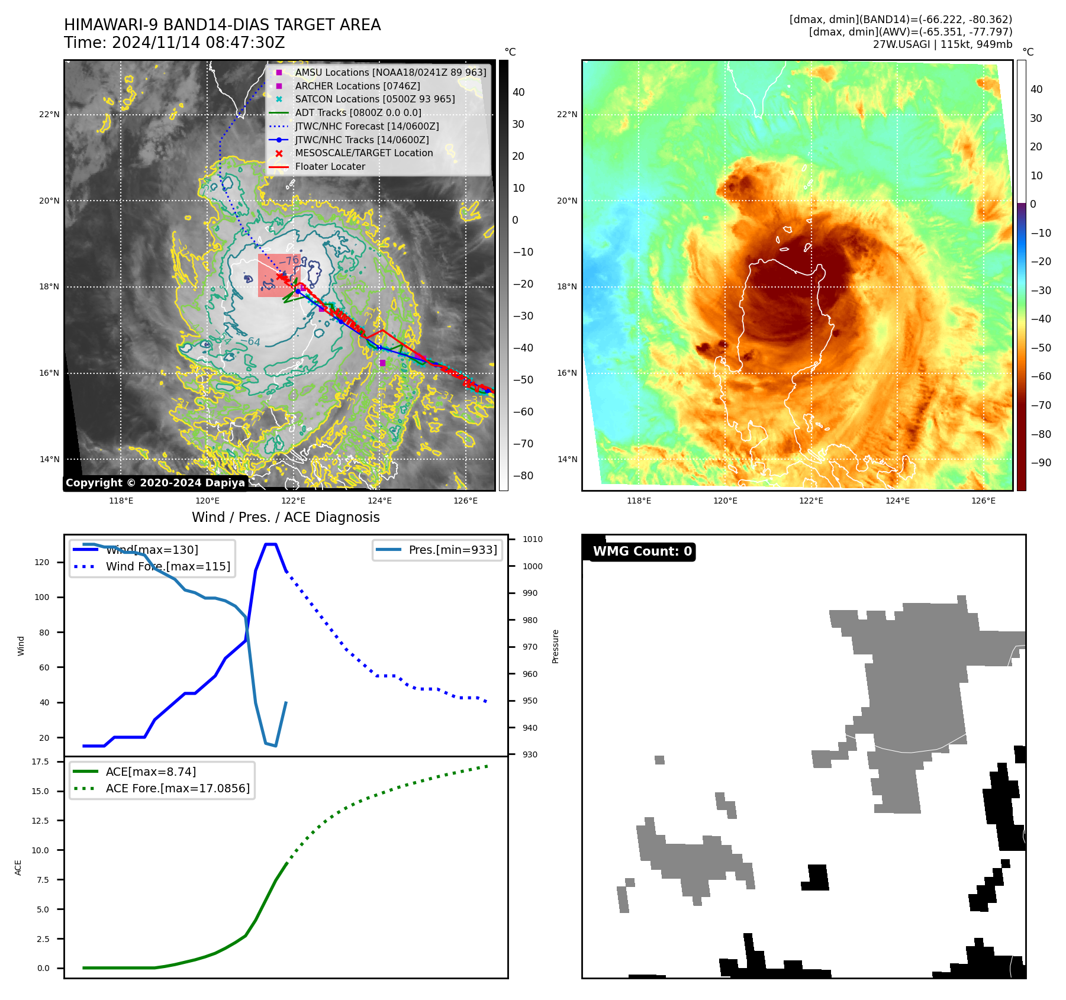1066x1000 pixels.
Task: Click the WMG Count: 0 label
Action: click(642, 551)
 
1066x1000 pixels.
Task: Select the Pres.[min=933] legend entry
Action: click(453, 550)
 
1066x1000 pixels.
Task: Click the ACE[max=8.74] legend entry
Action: click(151, 772)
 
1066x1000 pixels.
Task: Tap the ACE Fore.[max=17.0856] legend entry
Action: click(178, 788)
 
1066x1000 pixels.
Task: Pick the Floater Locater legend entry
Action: click(330, 166)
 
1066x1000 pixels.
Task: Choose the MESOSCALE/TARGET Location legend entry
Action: click(364, 153)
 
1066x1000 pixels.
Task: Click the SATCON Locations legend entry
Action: click(375, 99)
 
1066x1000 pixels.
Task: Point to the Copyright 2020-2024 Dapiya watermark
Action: click(155, 483)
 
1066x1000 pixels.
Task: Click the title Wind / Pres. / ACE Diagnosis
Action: click(286, 517)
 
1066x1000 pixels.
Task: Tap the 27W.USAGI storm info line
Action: click(942, 44)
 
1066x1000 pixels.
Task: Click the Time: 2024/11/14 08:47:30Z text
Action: click(175, 43)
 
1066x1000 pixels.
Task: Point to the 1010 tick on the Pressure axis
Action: click(533, 539)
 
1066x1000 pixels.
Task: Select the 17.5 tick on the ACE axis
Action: click(40, 762)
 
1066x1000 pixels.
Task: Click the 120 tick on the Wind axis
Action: click(42, 562)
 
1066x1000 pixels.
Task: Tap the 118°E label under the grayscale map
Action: click(121, 501)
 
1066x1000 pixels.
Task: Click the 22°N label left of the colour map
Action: click(566, 114)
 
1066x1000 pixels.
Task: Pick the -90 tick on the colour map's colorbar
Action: click(1041, 463)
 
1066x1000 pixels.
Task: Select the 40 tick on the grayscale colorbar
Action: click(518, 92)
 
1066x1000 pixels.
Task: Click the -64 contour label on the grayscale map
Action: click(250, 341)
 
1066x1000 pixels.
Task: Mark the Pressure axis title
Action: click(555, 646)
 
